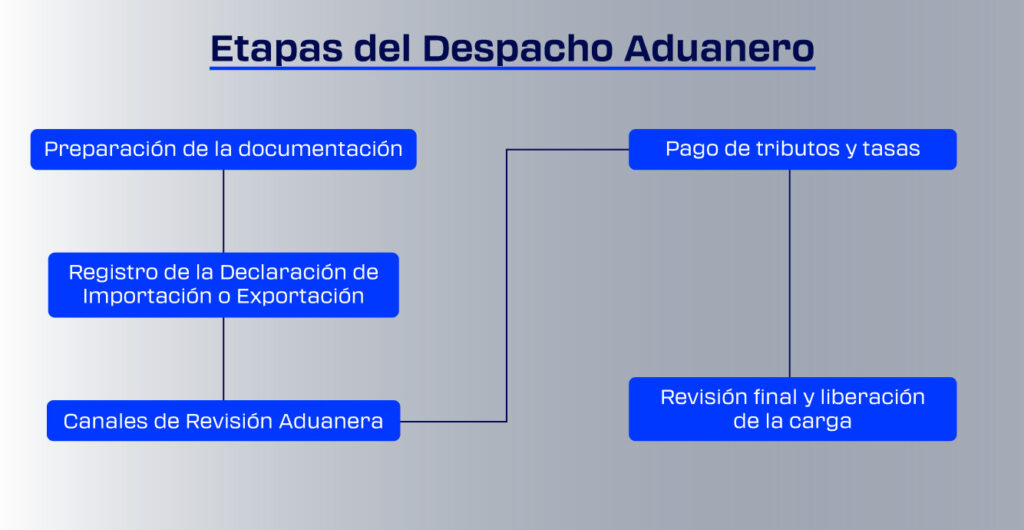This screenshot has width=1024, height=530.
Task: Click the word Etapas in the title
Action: coord(275,48)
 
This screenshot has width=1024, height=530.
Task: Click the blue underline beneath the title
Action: coord(512,67)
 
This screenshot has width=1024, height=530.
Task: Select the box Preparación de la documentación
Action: coord(223,149)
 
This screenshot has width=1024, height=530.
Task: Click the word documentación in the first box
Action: coord(319,149)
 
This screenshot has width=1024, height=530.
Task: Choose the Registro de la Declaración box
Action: coord(223,285)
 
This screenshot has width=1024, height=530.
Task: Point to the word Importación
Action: coord(147,296)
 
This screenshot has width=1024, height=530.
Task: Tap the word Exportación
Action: coord(300,296)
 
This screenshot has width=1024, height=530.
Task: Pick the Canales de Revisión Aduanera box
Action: coord(223,420)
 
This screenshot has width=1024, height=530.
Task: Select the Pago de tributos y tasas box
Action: coord(792,149)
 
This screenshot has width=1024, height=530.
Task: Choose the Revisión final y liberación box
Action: coord(792,409)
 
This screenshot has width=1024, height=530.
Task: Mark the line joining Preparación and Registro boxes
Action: coord(223,211)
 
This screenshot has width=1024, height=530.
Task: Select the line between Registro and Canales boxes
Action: coord(223,358)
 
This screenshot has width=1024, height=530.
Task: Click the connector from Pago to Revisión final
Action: coord(790,273)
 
